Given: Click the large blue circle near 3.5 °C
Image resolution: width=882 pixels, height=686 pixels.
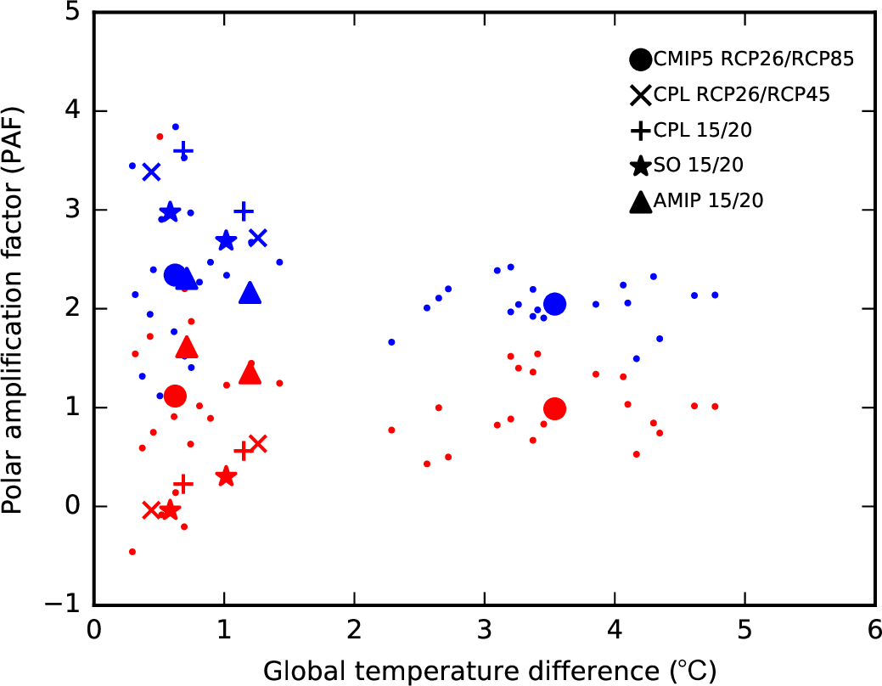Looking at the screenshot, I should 554,304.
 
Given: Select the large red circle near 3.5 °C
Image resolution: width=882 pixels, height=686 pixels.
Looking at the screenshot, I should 554,408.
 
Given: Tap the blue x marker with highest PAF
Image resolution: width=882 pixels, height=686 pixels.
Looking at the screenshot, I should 151,172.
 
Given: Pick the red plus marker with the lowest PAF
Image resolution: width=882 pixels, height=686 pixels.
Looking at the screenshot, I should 183,483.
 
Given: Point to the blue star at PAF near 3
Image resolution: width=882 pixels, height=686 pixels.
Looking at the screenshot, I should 170,212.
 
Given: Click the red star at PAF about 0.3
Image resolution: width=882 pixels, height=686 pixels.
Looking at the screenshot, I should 225,476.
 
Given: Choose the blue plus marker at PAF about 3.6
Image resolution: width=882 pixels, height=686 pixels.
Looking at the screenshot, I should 183,151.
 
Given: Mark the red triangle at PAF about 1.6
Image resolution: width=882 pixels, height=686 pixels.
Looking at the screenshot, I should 188,347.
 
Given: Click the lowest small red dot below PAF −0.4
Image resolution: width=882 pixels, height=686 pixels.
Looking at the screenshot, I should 132,552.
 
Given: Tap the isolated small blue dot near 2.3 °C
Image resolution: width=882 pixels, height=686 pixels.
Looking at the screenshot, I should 391,342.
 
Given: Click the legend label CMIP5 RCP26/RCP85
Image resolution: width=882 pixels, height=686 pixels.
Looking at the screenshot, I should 754,59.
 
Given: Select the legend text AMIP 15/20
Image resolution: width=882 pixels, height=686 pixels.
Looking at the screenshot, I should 708,202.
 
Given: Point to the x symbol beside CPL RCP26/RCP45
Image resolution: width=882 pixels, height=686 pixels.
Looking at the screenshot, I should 641,96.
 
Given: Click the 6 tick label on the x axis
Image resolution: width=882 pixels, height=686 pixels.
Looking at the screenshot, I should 874,633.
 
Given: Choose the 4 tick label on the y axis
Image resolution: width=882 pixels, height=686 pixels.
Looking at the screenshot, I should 75,111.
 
